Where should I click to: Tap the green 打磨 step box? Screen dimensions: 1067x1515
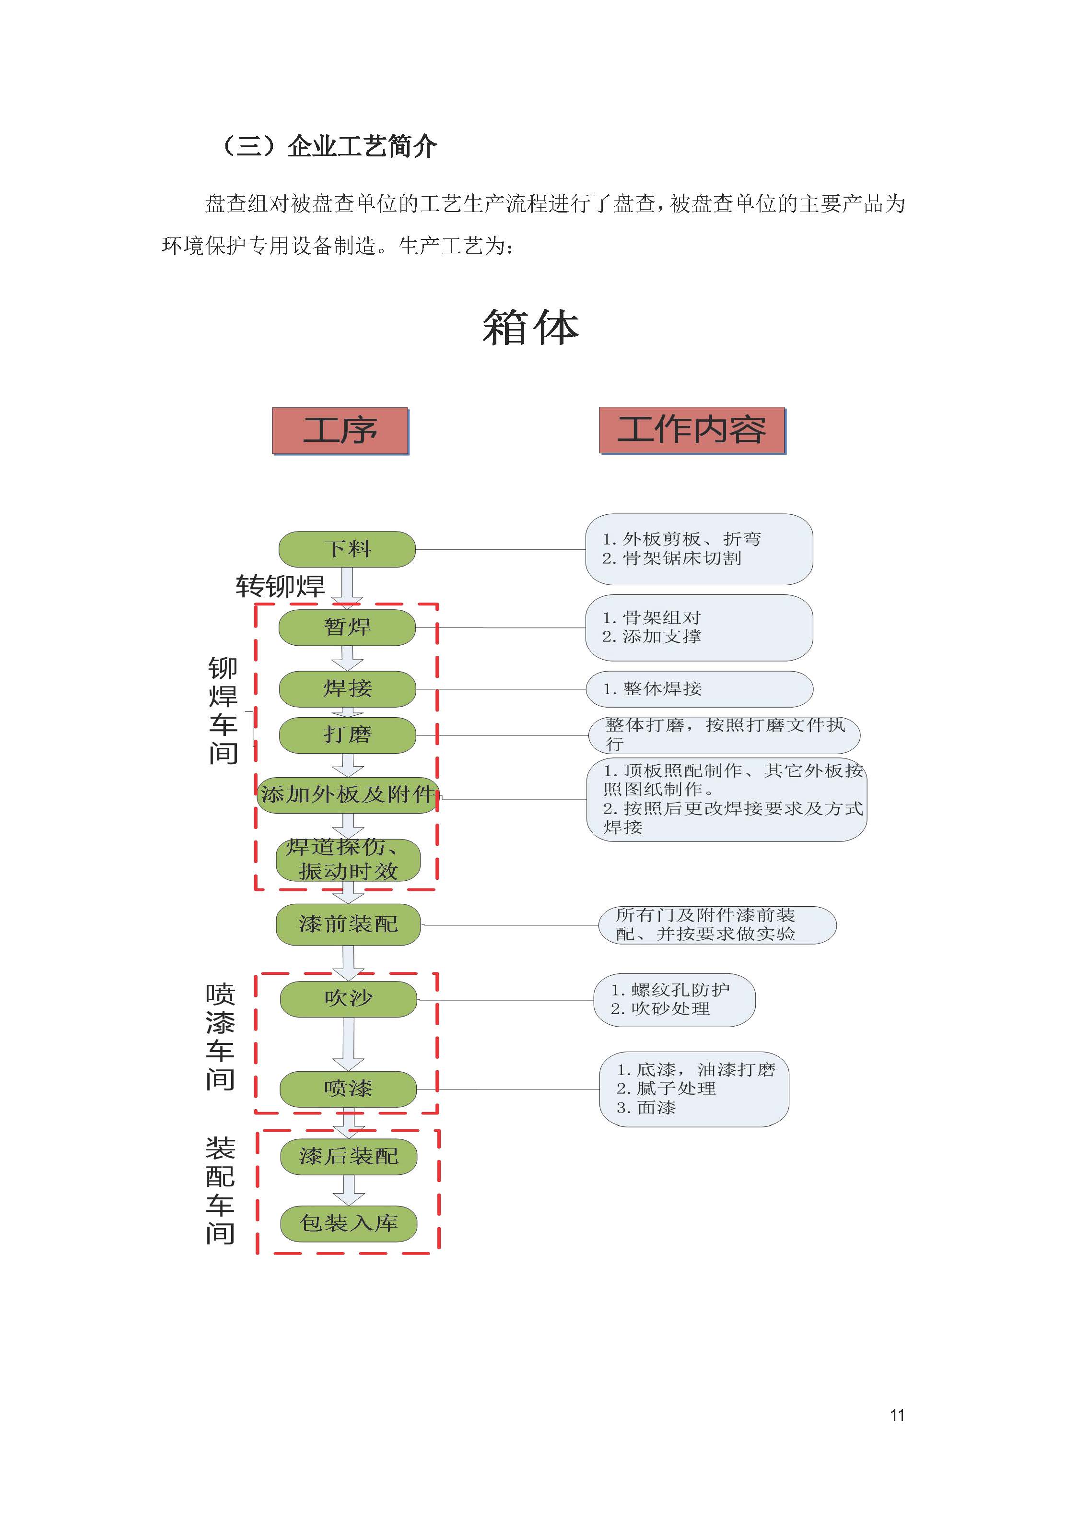[348, 735]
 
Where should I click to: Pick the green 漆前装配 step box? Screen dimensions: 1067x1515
[348, 924]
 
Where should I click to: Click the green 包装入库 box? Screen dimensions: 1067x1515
[349, 1224]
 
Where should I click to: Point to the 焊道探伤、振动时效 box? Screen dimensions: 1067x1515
[348, 860]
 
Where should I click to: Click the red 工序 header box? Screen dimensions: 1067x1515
[340, 431]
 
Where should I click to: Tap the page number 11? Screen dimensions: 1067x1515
[897, 1415]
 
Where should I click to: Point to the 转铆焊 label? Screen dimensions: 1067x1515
[280, 586]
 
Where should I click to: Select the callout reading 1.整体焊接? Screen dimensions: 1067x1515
[699, 689]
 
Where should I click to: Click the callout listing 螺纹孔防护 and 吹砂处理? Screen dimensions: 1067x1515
[674, 1000]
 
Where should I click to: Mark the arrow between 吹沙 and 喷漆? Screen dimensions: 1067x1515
[348, 1044]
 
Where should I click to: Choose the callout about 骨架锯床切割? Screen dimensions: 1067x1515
[699, 549]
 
